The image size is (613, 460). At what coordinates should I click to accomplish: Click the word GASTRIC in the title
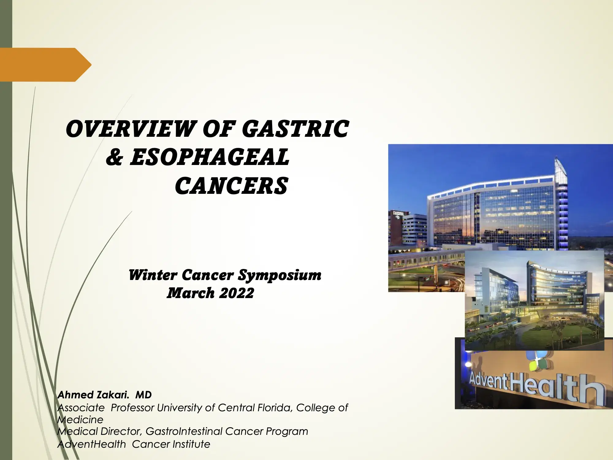coord(295,129)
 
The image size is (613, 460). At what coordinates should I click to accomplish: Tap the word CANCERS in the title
coord(231,186)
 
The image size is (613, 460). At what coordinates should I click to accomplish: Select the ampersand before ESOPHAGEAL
coord(115,157)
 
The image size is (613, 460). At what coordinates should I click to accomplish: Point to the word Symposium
coord(280,275)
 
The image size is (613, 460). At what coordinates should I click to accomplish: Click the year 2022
coord(237,293)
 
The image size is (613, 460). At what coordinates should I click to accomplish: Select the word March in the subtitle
coord(190,293)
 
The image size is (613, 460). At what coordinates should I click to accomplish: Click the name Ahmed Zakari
coord(93,395)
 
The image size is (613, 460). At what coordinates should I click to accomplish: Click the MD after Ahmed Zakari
coord(143,395)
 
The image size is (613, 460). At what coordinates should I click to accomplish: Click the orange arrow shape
coord(46,65)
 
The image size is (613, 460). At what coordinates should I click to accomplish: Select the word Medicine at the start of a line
coord(80,420)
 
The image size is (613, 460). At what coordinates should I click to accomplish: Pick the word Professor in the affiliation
coord(132,408)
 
